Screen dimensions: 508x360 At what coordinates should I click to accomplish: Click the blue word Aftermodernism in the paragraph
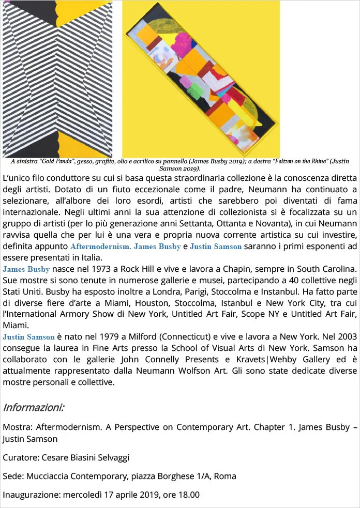(100, 247)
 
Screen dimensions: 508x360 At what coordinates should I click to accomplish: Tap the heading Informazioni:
(34, 407)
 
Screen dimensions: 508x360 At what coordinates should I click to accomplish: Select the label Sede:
(13, 476)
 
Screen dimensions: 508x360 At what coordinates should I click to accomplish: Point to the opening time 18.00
(189, 495)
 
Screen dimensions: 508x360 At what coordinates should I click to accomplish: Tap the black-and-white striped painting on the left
(57, 78)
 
